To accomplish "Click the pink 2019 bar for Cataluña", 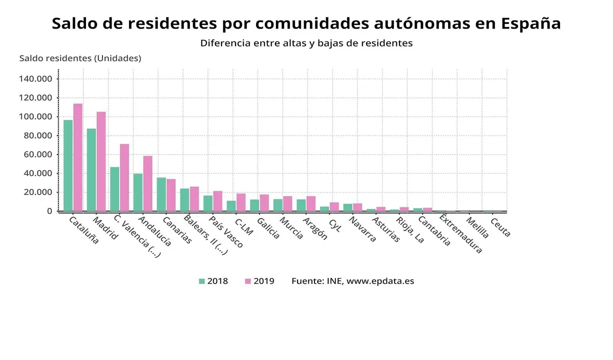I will pyautogui.click(x=78, y=157).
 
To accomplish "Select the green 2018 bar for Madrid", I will pyautogui.click(x=91, y=170).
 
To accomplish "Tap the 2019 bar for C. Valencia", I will pyautogui.click(x=124, y=177).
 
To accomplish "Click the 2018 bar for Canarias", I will pyautogui.click(x=161, y=194).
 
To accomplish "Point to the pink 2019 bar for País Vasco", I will pyautogui.click(x=217, y=201).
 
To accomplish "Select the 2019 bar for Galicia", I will pyautogui.click(x=264, y=202).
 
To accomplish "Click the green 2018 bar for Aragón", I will pyautogui.click(x=301, y=205).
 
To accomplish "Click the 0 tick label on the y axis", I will pyautogui.click(x=49, y=211).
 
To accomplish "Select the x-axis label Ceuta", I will pyautogui.click(x=500, y=227).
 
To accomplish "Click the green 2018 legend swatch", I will pyautogui.click(x=202, y=281).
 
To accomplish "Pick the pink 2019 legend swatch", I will pyautogui.click(x=247, y=281).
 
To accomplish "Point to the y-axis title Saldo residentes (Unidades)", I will pyautogui.click(x=80, y=58).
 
